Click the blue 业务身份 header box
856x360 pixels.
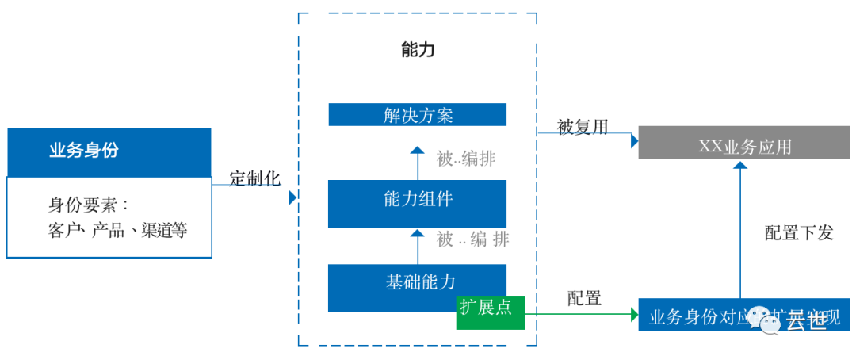(109, 151)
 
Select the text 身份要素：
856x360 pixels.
(88, 205)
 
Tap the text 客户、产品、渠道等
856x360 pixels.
(117, 231)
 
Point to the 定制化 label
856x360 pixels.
(255, 178)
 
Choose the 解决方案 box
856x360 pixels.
(418, 115)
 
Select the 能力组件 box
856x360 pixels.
(418, 199)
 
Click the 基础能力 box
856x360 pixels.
(418, 281)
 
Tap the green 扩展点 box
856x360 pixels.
(485, 308)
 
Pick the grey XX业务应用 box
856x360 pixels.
(744, 147)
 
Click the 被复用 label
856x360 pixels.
(583, 127)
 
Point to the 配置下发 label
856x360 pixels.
(799, 233)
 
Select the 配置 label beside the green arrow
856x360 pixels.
(584, 299)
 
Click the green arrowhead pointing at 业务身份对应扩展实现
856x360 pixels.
(634, 315)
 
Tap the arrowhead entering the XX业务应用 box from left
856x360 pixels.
(634, 141)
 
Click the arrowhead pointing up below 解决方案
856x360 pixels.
(418, 150)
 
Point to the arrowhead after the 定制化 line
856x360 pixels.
(292, 197)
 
